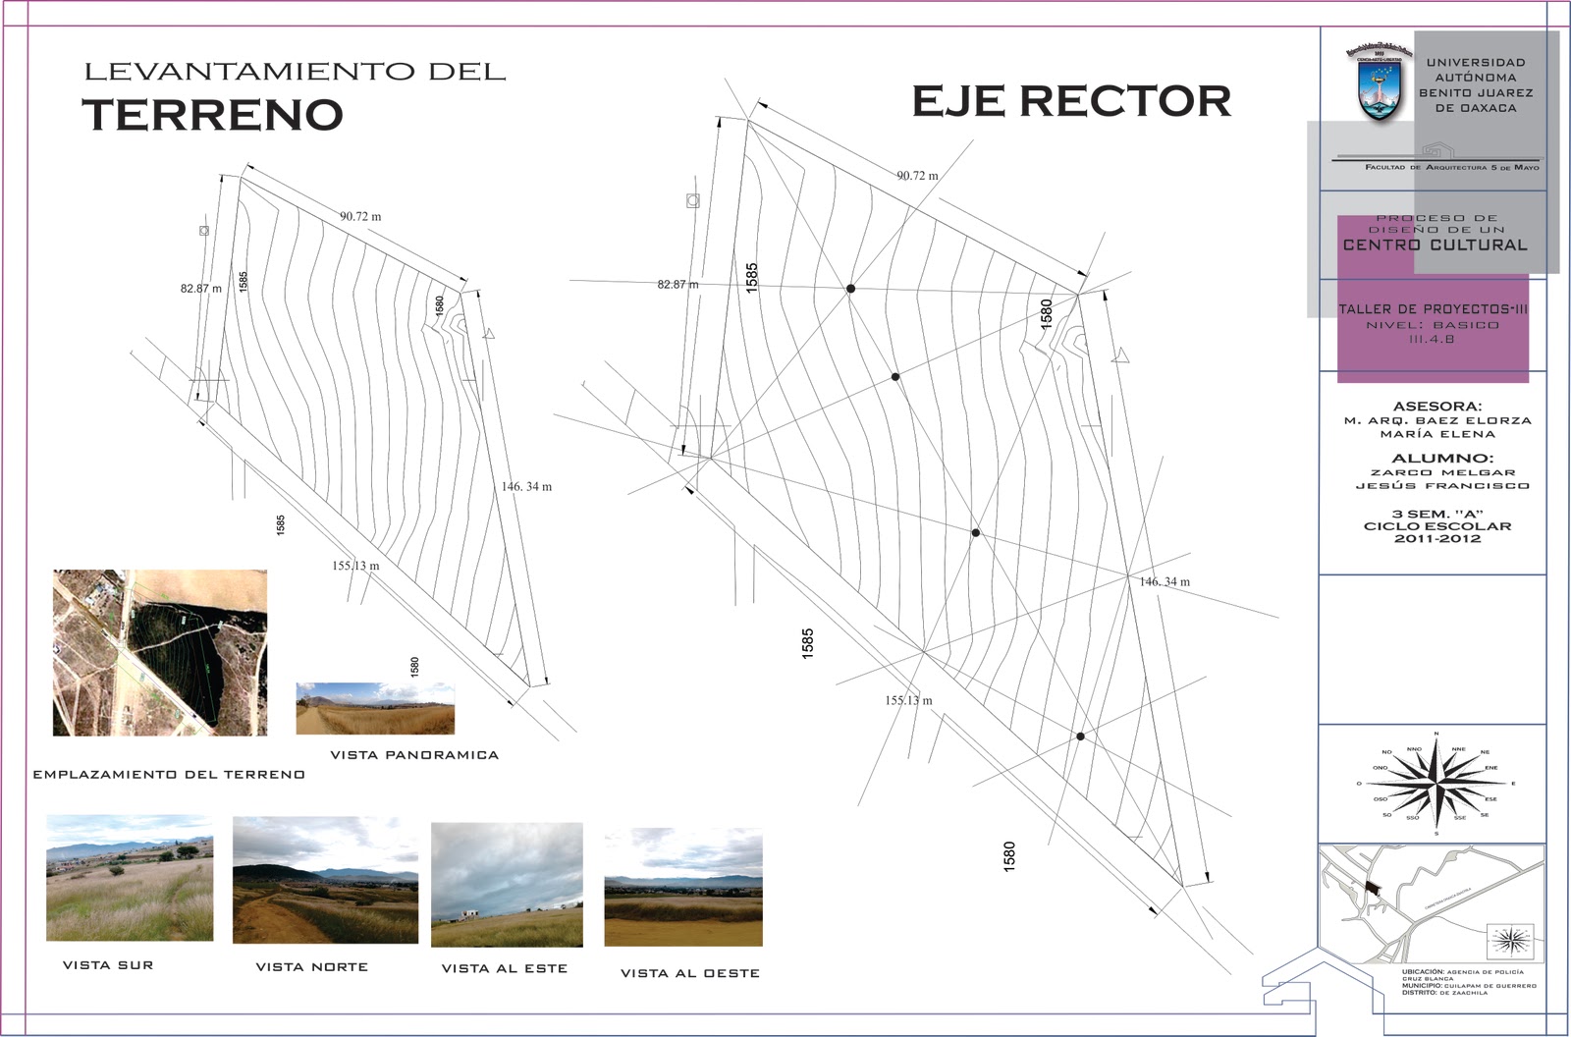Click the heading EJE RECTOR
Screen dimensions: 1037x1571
1071,101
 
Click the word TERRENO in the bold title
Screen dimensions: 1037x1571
213,115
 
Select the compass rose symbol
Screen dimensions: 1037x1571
1436,784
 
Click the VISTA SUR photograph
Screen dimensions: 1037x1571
130,877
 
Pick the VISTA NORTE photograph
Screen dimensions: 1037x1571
325,881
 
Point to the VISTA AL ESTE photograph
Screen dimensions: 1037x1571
507,885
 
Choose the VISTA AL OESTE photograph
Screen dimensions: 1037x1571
683,888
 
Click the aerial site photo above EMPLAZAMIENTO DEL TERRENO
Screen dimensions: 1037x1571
160,652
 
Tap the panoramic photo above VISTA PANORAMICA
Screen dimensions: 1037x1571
375,708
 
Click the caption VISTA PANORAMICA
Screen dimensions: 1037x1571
414,755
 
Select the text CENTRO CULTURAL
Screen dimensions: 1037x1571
1436,246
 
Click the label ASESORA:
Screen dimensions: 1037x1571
1437,406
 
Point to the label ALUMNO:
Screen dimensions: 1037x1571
1441,458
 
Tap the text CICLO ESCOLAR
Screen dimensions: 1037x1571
1437,526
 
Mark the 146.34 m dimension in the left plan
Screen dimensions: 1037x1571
526,486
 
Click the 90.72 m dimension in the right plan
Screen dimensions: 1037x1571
917,176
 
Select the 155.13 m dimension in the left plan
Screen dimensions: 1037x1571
355,566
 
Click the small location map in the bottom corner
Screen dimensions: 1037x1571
1430,904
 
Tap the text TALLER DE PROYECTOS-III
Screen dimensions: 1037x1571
1433,309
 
